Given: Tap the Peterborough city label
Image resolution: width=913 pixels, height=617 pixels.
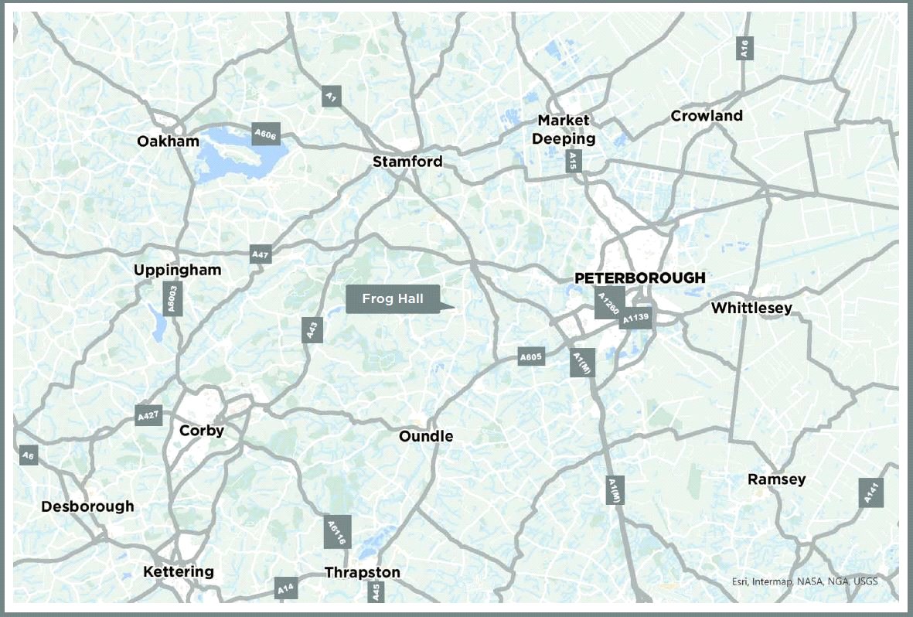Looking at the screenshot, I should (x=639, y=278).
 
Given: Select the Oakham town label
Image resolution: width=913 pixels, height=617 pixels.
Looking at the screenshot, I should (x=168, y=141).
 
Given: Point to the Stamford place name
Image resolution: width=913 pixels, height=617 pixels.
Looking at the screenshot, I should (x=407, y=162).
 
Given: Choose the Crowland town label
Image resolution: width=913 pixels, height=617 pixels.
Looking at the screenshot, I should (x=707, y=116).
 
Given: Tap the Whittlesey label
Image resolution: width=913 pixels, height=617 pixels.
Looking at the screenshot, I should (x=751, y=308).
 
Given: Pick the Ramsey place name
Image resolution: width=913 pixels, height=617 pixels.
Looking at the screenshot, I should (x=776, y=479).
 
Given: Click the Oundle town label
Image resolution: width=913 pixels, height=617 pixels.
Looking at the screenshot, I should (x=426, y=437).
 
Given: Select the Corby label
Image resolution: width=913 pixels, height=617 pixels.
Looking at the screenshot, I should (x=201, y=431).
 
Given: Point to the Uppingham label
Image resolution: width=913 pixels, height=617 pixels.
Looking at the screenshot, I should (x=177, y=270).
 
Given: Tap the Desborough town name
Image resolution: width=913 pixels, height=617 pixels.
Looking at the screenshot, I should (x=87, y=506).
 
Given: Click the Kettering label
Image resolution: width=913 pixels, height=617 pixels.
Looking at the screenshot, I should (x=179, y=572).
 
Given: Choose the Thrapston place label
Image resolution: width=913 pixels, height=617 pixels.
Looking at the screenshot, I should (x=363, y=573).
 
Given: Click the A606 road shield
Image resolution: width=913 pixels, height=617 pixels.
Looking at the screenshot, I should (x=265, y=133).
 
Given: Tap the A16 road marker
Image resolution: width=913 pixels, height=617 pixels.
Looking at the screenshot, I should (x=744, y=49).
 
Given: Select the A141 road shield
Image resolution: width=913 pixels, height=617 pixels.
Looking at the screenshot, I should (x=870, y=493).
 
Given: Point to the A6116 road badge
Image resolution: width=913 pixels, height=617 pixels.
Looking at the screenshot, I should (x=337, y=532).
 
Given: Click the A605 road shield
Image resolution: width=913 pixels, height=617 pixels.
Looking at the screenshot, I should (x=531, y=356).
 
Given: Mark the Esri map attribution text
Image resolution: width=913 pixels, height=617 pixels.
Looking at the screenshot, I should (x=805, y=582).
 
